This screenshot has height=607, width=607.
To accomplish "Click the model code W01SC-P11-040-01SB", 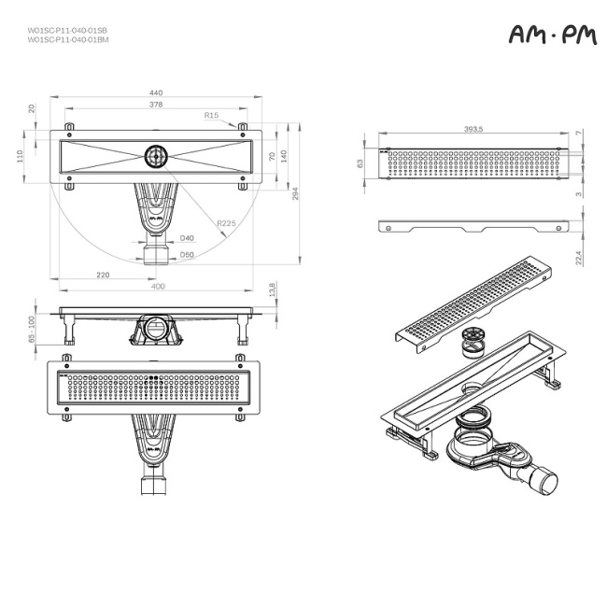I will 67,31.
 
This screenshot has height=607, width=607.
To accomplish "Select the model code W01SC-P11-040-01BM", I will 67,40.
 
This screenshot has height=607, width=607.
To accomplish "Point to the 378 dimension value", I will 156,105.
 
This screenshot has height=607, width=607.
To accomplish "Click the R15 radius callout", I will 212,115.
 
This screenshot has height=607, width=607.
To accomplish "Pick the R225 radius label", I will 225,223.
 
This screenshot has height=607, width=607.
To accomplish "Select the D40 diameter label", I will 188,239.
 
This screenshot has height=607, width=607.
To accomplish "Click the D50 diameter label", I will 188,254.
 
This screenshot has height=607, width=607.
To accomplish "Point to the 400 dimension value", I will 158,286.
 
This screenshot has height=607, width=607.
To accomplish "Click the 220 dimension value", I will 103,275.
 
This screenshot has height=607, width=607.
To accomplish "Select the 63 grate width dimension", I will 360,163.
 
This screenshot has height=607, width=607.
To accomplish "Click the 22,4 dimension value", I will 579,255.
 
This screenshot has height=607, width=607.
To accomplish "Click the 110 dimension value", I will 20,156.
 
